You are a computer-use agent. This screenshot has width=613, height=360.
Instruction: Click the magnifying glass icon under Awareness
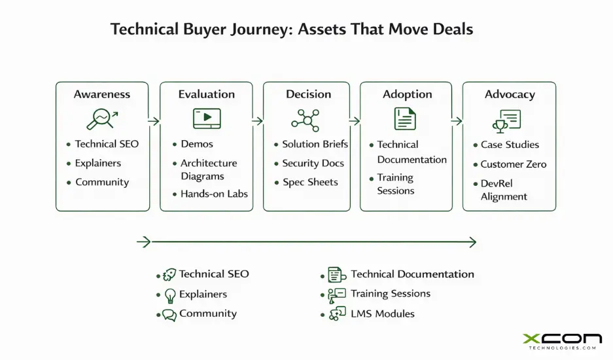pyautogui.click(x=101, y=118)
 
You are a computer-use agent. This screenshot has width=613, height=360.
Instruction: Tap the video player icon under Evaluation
pyautogui.click(x=206, y=118)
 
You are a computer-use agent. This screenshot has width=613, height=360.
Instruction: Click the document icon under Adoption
pyautogui.click(x=405, y=118)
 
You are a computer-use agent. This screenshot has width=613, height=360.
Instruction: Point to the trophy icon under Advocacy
pyautogui.click(x=506, y=120)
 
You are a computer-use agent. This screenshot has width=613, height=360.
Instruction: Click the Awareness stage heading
pyautogui.click(x=102, y=94)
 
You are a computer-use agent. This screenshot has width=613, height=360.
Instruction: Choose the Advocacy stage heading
pyautogui.click(x=510, y=94)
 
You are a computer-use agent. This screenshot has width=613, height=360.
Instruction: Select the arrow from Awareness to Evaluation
pyautogui.click(x=154, y=121)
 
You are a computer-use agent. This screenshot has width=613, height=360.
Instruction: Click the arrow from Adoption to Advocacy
pyautogui.click(x=457, y=121)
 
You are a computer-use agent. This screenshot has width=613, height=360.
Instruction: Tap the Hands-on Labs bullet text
pyautogui.click(x=214, y=194)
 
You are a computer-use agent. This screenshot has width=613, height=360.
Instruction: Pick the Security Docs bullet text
pyautogui.click(x=313, y=163)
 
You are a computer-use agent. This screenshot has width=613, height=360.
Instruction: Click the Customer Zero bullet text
pyautogui.click(x=513, y=164)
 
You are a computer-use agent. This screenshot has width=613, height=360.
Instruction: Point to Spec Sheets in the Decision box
pyautogui.click(x=310, y=182)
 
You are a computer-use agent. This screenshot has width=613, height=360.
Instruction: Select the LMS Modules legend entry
pyautogui.click(x=382, y=314)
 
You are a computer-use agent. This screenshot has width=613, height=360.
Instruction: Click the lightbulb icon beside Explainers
pyautogui.click(x=170, y=295)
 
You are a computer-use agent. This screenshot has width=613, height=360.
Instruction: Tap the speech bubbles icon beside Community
pyautogui.click(x=169, y=315)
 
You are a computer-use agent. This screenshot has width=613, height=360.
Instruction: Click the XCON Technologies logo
pyautogui.click(x=561, y=341)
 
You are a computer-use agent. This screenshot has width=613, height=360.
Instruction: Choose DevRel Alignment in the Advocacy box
pyautogui.click(x=504, y=190)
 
